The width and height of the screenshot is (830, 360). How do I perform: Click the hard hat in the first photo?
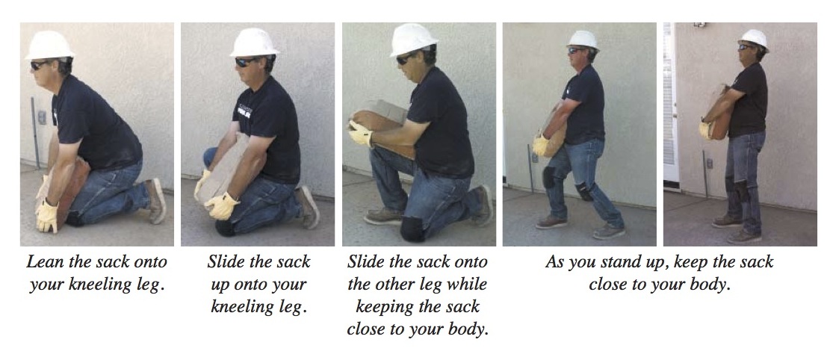pyautogui.click(x=49, y=45)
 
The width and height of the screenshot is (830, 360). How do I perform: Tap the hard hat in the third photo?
pyautogui.click(x=413, y=39)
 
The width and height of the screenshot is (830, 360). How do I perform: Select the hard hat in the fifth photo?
pyautogui.click(x=754, y=37)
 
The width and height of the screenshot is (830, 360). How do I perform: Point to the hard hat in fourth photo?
pyautogui.click(x=583, y=39)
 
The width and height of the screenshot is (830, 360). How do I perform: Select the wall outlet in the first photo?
pyautogui.click(x=42, y=117)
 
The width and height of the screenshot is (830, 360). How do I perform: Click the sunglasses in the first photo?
pyautogui.click(x=40, y=66)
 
